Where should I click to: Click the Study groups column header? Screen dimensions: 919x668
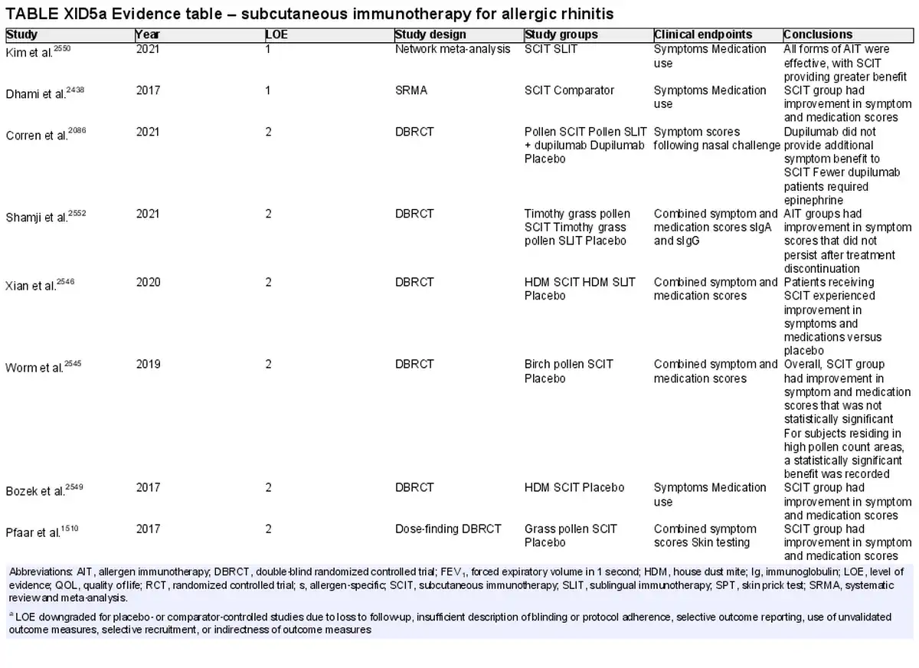point(561,34)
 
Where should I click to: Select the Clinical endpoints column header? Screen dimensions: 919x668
point(703,34)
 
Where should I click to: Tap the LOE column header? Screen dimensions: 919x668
point(276,34)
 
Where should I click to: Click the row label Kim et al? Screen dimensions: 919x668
point(38,51)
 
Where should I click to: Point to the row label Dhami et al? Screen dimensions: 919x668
point(44,93)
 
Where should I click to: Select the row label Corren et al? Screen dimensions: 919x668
point(45,134)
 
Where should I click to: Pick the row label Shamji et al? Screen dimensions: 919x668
point(45,216)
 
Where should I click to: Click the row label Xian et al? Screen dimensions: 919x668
point(40,285)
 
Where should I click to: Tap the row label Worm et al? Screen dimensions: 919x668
point(43,367)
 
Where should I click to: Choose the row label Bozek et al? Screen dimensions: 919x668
point(44,490)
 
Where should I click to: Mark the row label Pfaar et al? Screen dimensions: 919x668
point(42,532)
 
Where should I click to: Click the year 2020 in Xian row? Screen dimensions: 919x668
point(148,283)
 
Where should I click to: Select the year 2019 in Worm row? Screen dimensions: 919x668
point(148,365)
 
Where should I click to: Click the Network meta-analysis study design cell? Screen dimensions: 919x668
point(453,49)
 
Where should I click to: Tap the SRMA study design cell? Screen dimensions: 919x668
point(411,90)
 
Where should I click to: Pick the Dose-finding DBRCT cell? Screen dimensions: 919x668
point(448,529)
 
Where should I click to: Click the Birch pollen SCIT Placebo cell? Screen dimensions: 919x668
point(568,372)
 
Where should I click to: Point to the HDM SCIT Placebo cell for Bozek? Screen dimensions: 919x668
point(574,487)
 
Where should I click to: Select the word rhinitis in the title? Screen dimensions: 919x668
point(587,14)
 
